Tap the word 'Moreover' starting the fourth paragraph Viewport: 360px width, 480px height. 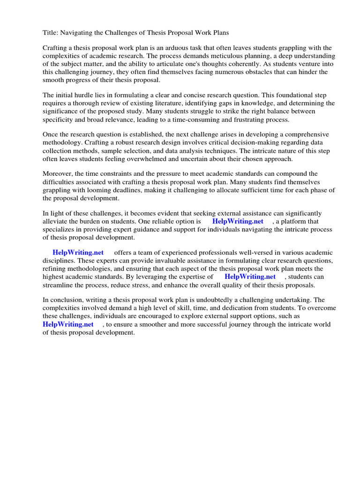(x=59, y=174)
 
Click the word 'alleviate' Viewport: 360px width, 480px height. (x=56, y=221)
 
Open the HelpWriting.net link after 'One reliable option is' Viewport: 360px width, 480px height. (x=238, y=221)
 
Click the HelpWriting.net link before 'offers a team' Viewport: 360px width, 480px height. (x=78, y=252)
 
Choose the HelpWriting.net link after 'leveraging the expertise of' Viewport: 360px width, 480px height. (x=250, y=276)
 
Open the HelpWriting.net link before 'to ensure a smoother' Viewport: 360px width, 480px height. (x=68, y=324)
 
